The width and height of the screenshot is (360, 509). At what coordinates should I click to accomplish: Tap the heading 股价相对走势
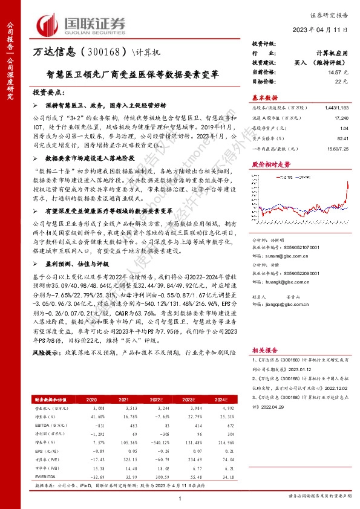click(267, 164)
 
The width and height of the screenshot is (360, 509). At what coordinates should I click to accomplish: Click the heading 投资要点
click(48, 92)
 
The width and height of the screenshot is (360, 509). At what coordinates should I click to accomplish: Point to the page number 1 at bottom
click(180, 497)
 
